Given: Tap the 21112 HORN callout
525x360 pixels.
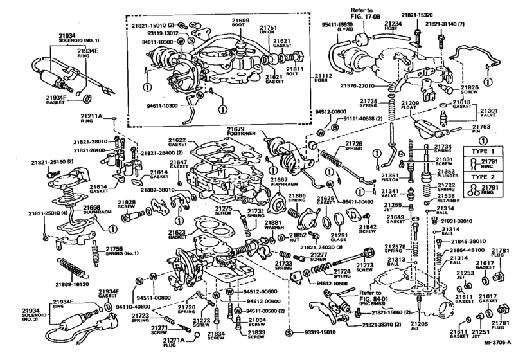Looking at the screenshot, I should [x=324, y=79].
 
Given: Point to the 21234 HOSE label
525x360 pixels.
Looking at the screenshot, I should [x=393, y=26].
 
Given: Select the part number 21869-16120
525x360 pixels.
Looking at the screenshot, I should [x=73, y=283].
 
